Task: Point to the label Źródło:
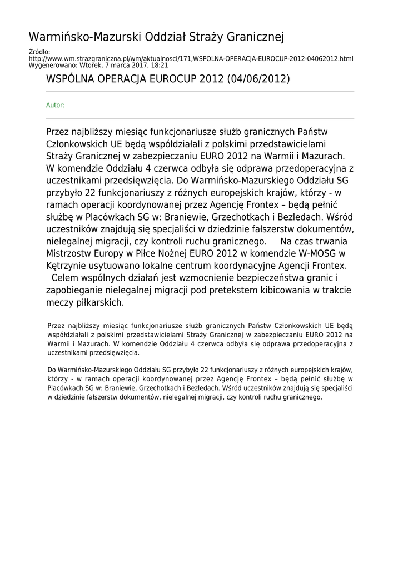coord(39,52)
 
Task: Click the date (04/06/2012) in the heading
coord(258,78)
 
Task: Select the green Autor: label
coord(55,105)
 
